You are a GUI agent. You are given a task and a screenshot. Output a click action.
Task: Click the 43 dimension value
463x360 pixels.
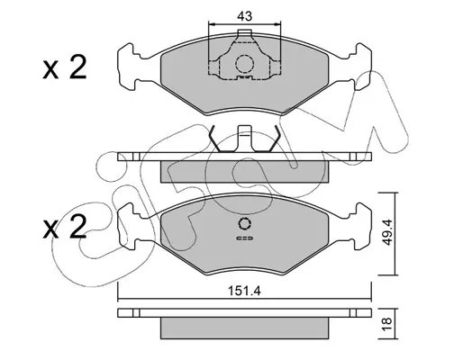click(245, 16)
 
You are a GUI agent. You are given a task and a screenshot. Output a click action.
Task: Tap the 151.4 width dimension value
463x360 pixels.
click(244, 291)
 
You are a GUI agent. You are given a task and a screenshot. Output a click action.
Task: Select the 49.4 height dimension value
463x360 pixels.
click(387, 232)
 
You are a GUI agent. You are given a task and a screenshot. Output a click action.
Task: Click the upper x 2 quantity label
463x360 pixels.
click(65, 67)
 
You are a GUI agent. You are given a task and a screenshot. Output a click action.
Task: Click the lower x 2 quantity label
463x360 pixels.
click(65, 227)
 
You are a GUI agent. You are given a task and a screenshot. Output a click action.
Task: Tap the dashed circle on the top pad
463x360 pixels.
click(244, 64)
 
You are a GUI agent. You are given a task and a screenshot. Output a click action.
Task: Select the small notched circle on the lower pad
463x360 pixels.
click(245, 223)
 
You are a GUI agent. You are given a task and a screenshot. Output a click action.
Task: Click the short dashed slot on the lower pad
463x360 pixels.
click(245, 238)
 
